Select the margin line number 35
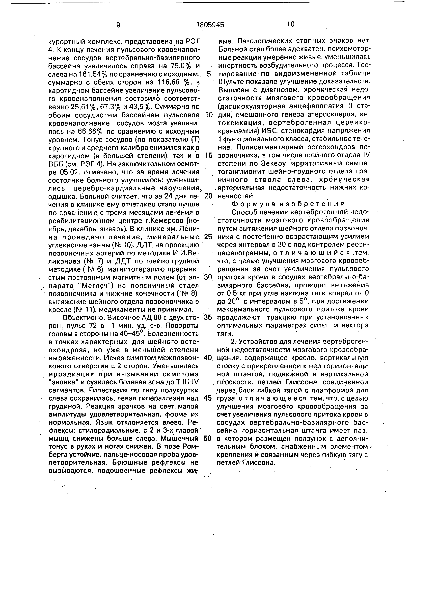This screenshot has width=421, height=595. (x=208, y=317)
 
